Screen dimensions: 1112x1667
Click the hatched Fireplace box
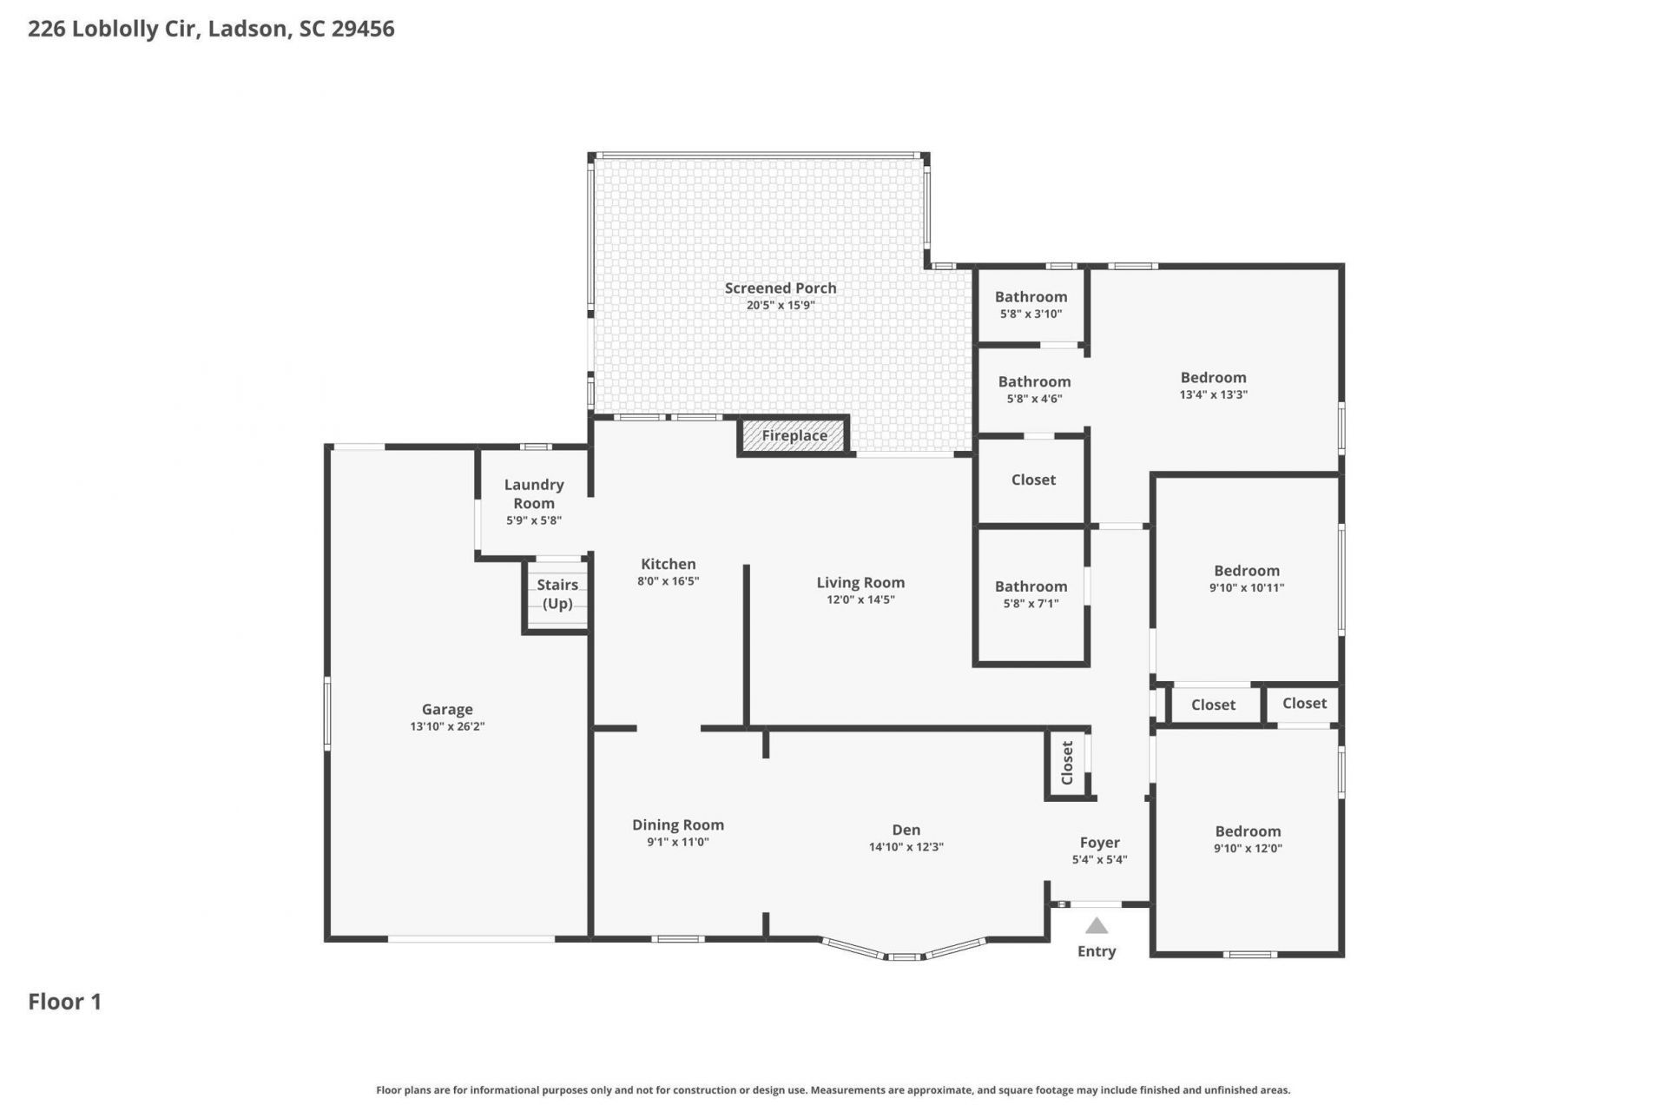tap(794, 436)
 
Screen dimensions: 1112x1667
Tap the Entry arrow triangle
tap(1097, 926)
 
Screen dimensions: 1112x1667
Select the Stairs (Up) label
tap(557, 594)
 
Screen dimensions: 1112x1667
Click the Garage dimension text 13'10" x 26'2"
tap(447, 726)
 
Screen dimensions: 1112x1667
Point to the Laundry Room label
tap(534, 493)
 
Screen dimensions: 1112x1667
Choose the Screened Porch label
tap(781, 288)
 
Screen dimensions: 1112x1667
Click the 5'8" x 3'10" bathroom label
tap(1031, 304)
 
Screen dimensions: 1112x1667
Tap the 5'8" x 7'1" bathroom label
tap(1031, 594)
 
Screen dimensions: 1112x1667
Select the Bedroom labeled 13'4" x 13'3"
tap(1213, 385)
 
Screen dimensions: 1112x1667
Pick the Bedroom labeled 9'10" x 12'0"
tap(1248, 839)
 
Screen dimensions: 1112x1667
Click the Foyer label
tap(1099, 843)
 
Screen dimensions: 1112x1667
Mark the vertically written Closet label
tap(1067, 762)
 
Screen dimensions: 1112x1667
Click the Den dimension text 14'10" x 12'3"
tap(906, 847)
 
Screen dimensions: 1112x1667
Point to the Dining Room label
tap(677, 825)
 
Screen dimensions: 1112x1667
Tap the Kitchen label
tap(668, 564)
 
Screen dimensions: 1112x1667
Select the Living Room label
tap(860, 583)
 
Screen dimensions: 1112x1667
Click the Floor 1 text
tap(65, 1002)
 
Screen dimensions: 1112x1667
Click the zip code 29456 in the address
tap(363, 29)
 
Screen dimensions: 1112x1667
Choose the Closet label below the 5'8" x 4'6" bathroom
tap(1033, 480)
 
